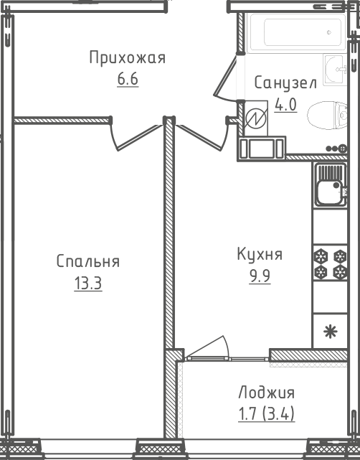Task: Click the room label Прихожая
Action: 127,58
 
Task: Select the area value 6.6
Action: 127,78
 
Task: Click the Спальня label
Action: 88,262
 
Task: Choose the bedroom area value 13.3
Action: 88,283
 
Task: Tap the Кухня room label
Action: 260,254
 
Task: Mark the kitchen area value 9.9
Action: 260,276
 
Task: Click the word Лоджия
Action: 266,393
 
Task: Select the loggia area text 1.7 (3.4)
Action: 266,413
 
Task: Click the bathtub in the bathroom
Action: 301,32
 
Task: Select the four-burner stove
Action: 329,263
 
